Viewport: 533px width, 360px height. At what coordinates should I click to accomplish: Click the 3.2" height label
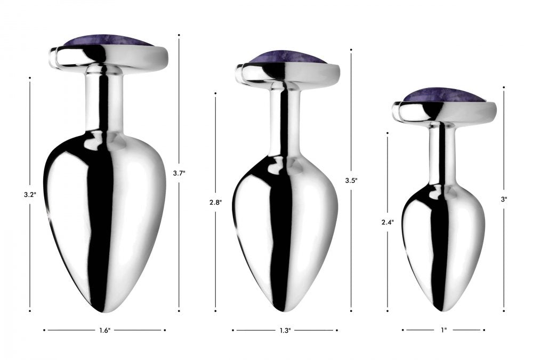[x=30, y=195]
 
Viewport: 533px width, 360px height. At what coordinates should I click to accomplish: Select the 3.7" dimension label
[x=179, y=173]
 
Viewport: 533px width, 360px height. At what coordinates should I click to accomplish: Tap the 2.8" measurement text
[x=215, y=203]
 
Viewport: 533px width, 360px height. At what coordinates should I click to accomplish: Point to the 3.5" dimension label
[x=351, y=181]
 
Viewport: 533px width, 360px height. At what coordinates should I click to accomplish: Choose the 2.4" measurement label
[x=387, y=222]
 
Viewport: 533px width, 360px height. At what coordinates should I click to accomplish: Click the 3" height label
[x=504, y=200]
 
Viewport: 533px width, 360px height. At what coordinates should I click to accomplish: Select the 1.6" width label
[x=104, y=330]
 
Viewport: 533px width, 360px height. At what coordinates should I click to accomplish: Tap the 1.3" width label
[x=285, y=330]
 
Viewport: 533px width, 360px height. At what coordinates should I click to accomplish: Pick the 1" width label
[x=443, y=330]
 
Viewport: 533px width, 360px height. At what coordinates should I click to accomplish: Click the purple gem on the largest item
[x=108, y=41]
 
